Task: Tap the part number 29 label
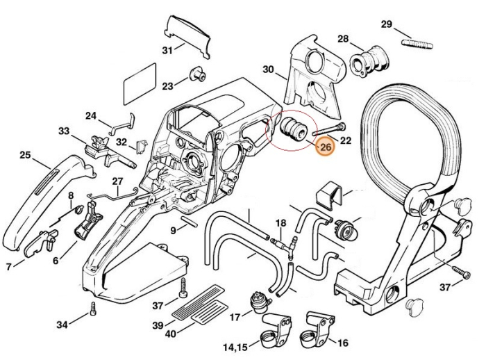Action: (387, 24)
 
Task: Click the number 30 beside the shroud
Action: (269, 69)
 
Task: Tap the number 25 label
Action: (25, 155)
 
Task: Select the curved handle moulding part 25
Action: (42, 202)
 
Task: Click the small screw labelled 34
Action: (91, 312)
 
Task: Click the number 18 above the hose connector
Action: (280, 223)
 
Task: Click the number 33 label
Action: (64, 131)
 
